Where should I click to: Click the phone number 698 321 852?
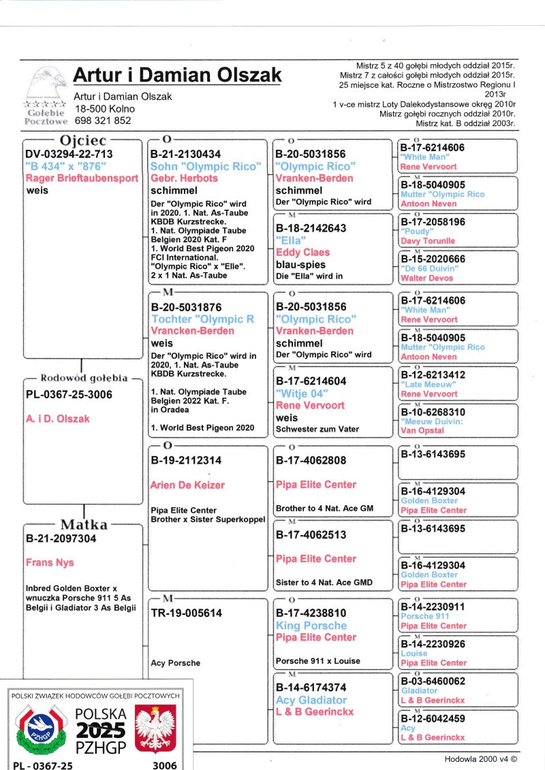(x=103, y=121)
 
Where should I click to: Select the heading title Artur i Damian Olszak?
(x=176, y=74)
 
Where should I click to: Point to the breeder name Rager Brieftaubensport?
(x=82, y=178)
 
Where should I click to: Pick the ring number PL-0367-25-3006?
(x=69, y=395)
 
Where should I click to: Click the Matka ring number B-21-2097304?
(x=61, y=539)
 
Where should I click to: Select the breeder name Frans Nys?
(x=50, y=562)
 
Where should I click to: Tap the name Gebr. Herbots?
(x=184, y=178)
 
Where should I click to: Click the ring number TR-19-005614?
(x=186, y=613)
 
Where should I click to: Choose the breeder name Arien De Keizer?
(x=187, y=485)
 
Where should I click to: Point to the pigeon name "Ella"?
(x=290, y=240)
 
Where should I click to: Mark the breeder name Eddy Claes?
(x=302, y=253)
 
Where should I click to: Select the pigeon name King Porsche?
(x=311, y=626)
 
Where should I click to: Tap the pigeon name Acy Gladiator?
(x=311, y=700)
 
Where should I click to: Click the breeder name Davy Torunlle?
(x=428, y=241)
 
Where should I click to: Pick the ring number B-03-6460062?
(x=433, y=681)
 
